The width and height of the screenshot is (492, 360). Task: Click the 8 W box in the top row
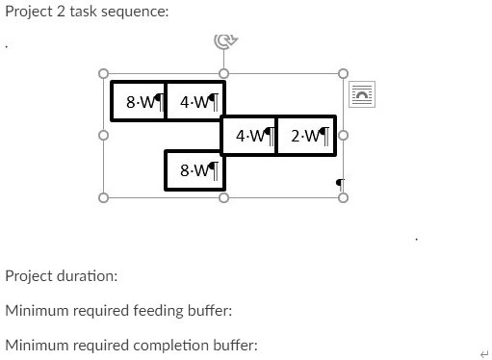139,101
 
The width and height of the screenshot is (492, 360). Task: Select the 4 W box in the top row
194,101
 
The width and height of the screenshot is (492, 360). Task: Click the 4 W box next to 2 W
249,135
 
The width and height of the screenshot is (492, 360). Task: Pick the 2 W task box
305,135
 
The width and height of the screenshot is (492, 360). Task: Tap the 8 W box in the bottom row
194,169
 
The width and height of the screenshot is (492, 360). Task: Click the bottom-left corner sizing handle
103,197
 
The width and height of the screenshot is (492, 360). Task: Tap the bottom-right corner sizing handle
341,197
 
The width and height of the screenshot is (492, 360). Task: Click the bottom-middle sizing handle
222,197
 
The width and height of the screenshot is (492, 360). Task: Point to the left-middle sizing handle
103,135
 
